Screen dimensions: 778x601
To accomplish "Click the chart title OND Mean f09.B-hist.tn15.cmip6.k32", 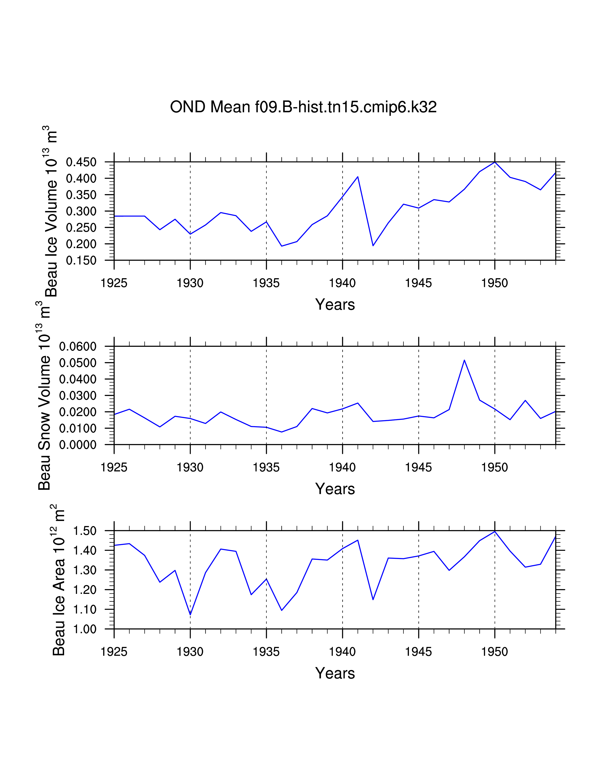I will coord(303,107).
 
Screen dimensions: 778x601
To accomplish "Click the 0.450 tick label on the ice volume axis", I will coord(81,162).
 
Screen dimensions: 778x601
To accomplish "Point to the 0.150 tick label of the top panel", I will coord(81,261).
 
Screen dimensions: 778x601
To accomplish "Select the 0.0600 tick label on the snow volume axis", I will coord(78,346).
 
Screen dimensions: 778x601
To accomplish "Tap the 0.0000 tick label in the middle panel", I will coord(78,445).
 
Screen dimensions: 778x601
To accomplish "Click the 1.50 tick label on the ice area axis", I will coord(85,531).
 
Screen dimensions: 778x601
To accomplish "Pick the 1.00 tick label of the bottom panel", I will coord(85,629).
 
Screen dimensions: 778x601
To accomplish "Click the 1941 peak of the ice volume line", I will coord(358,177).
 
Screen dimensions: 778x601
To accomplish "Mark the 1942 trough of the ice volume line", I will coord(373,245).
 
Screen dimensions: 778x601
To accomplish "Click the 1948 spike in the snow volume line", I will coord(464,360).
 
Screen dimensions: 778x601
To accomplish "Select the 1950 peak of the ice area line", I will coord(495,531).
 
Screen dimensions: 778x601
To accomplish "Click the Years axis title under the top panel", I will coord(335,305).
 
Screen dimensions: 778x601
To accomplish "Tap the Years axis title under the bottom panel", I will coord(335,673).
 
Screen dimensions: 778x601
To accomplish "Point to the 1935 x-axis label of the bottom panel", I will coord(266,652).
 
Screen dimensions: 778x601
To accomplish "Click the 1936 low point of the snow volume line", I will coord(282,432).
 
